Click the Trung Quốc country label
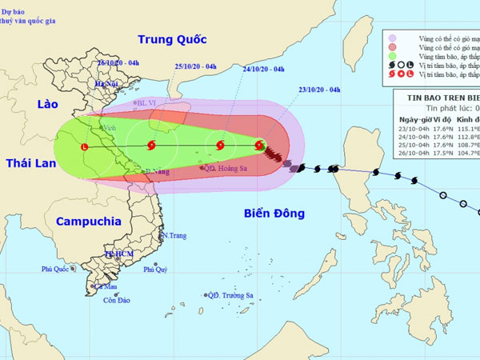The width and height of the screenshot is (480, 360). click(172, 39)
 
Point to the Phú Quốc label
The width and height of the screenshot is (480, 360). click(58, 270)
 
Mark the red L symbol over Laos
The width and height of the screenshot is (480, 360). click(84, 146)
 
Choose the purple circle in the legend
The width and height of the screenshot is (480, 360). click(392, 38)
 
